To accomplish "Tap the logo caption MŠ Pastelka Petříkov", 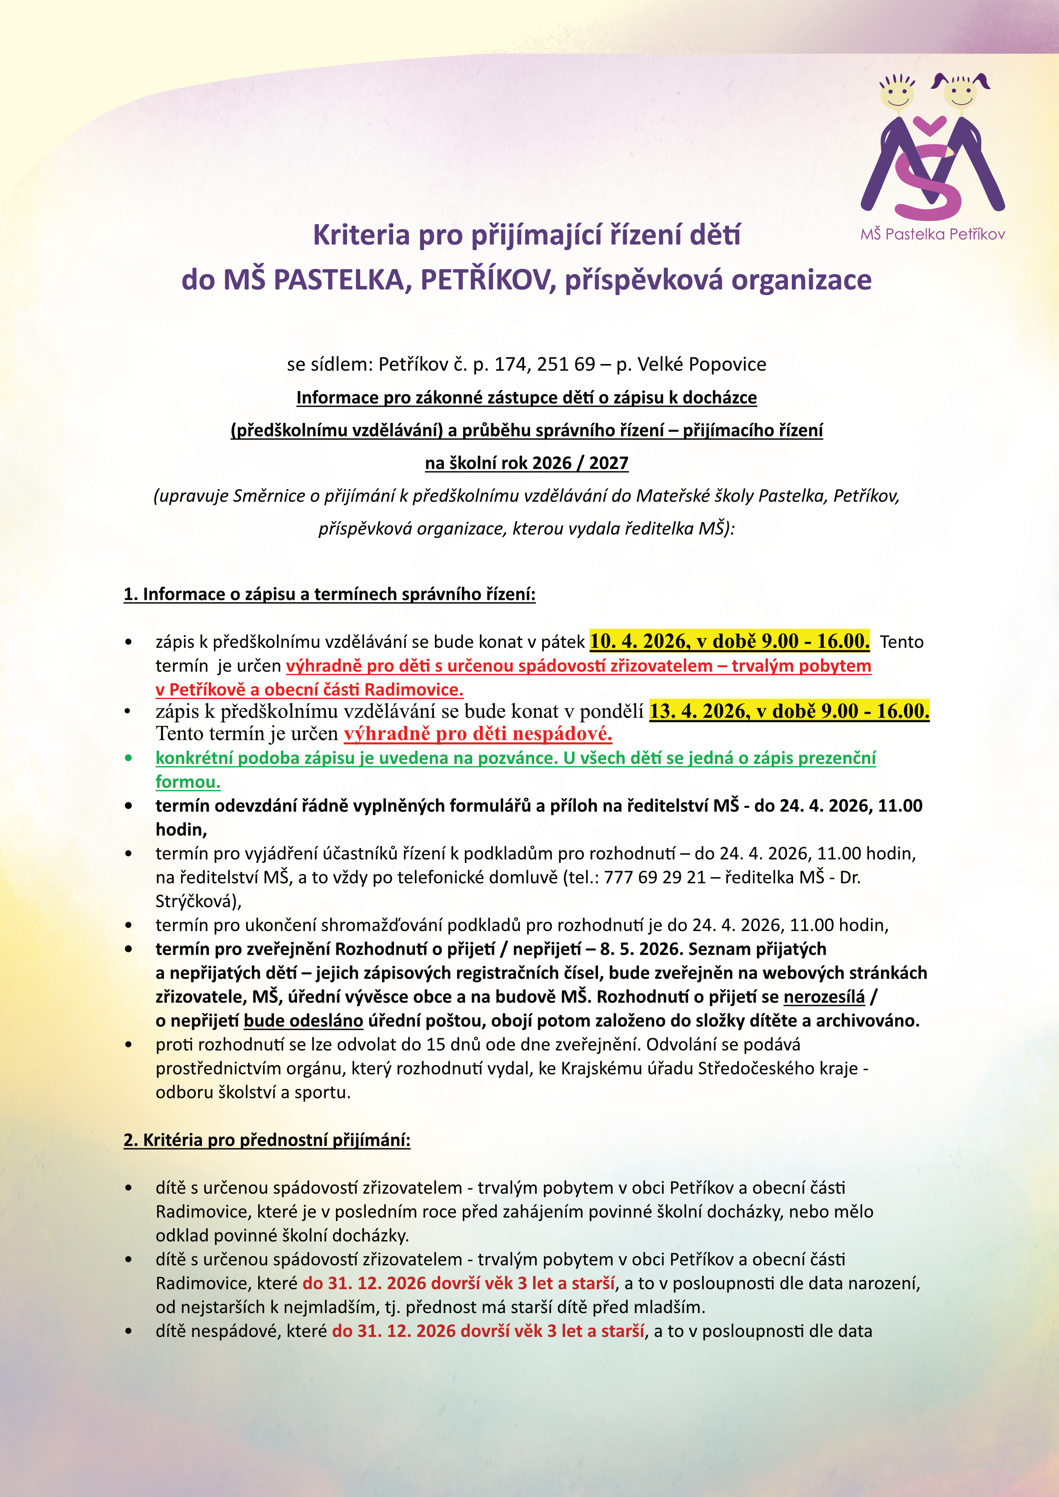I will click(x=933, y=234).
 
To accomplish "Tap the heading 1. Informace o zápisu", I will click(x=329, y=594).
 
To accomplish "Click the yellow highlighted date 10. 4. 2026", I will click(x=639, y=641).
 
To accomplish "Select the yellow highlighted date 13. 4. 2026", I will click(x=698, y=711).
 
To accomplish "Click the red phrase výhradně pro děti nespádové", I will click(x=478, y=734).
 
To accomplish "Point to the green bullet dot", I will click(x=128, y=757).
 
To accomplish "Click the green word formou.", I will click(x=188, y=782).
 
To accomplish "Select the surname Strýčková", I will click(x=196, y=901).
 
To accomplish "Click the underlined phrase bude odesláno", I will click(x=303, y=1020).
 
